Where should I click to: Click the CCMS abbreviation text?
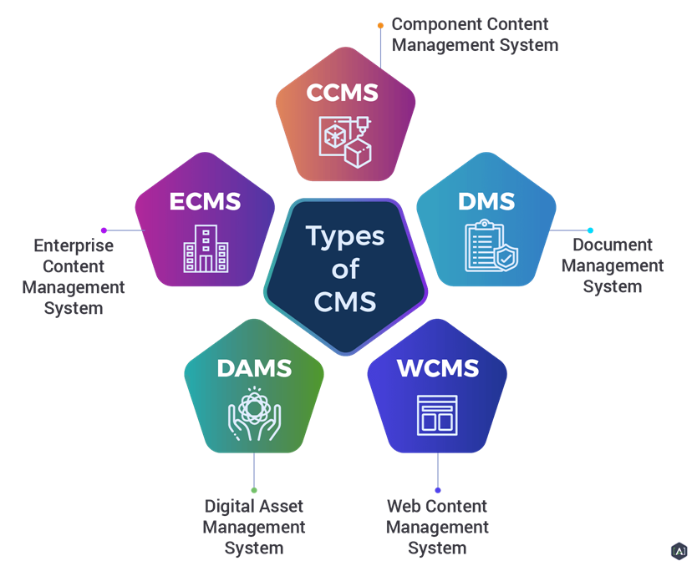343,93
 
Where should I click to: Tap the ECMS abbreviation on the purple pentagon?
205,201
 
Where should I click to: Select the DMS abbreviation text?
486,201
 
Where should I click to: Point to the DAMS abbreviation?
254,368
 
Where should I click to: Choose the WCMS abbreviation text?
438,368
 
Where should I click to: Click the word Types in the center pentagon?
345,236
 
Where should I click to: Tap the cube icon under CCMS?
345,142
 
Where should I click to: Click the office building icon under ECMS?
206,249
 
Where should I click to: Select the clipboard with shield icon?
491,245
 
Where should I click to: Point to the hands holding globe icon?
254,414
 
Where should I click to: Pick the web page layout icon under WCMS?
437,415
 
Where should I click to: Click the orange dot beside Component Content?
380,26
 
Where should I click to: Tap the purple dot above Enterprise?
104,230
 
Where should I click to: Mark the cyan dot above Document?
590,230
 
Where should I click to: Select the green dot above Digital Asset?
254,490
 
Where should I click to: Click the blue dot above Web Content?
438,490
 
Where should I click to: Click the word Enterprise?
74,246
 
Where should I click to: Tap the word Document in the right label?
613,245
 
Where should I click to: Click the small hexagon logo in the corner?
679,552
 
